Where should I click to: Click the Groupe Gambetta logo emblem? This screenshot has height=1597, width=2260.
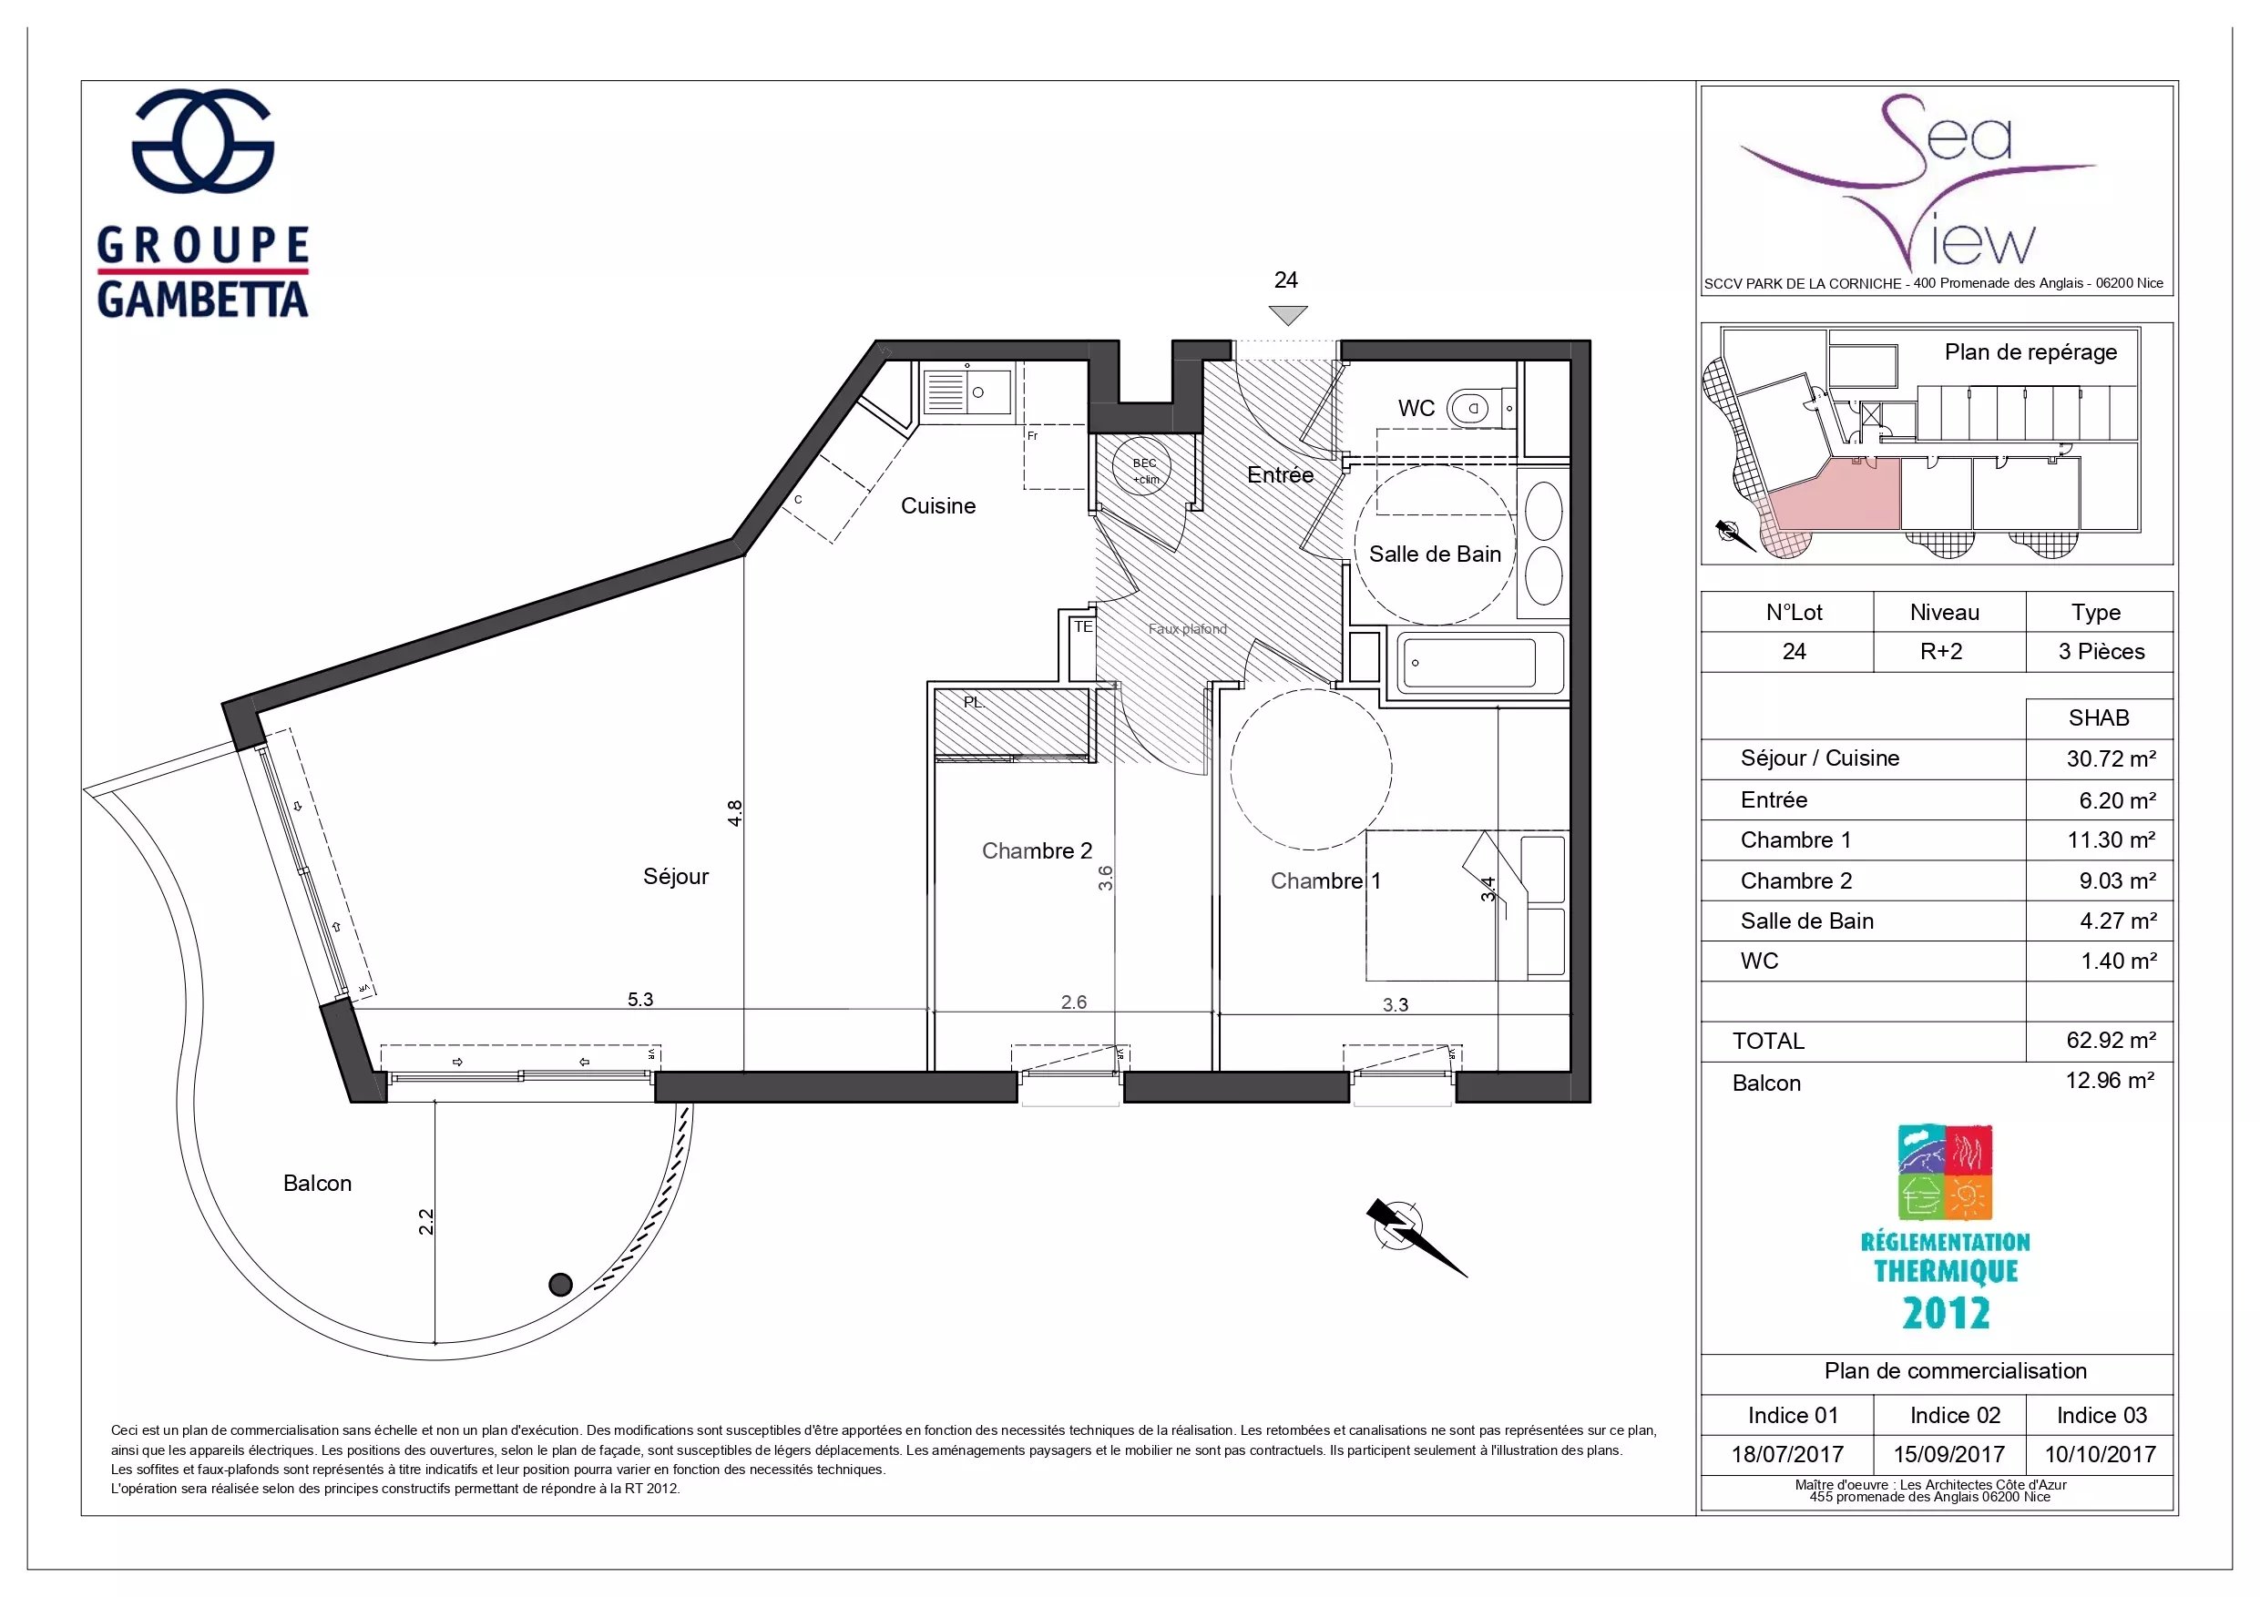[203, 139]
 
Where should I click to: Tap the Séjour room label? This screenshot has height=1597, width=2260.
[675, 876]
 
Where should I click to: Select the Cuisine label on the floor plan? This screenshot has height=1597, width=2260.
[938, 505]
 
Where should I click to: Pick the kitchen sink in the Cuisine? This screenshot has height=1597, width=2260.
[966, 391]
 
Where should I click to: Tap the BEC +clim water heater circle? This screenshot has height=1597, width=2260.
[1145, 470]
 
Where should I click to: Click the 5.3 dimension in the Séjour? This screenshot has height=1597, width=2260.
[639, 999]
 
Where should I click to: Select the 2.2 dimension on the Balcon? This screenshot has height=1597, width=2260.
[425, 1221]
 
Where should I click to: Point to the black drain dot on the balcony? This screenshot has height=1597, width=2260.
[560, 1284]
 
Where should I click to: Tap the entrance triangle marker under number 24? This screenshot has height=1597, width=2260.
[1287, 315]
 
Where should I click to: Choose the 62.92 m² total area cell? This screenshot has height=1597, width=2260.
[2111, 1040]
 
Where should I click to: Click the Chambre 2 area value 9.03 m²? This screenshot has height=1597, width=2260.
[2117, 880]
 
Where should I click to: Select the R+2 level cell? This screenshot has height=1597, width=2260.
[1941, 651]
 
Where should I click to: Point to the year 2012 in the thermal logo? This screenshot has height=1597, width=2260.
[1946, 1313]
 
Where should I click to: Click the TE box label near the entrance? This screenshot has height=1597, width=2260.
[1083, 626]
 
